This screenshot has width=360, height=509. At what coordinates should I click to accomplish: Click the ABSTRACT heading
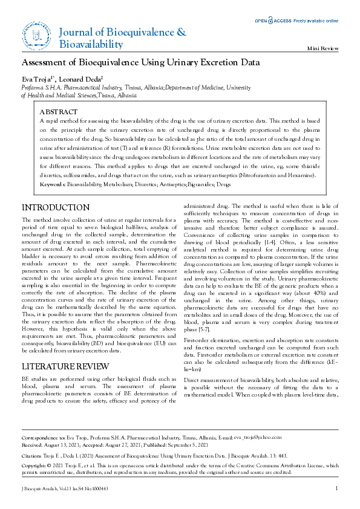[x=58, y=112]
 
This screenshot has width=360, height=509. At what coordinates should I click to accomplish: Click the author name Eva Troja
[x=37, y=79]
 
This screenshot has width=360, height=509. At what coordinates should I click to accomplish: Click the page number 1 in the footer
[x=336, y=488]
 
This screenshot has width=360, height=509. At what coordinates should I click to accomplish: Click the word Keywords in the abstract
[x=52, y=183]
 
